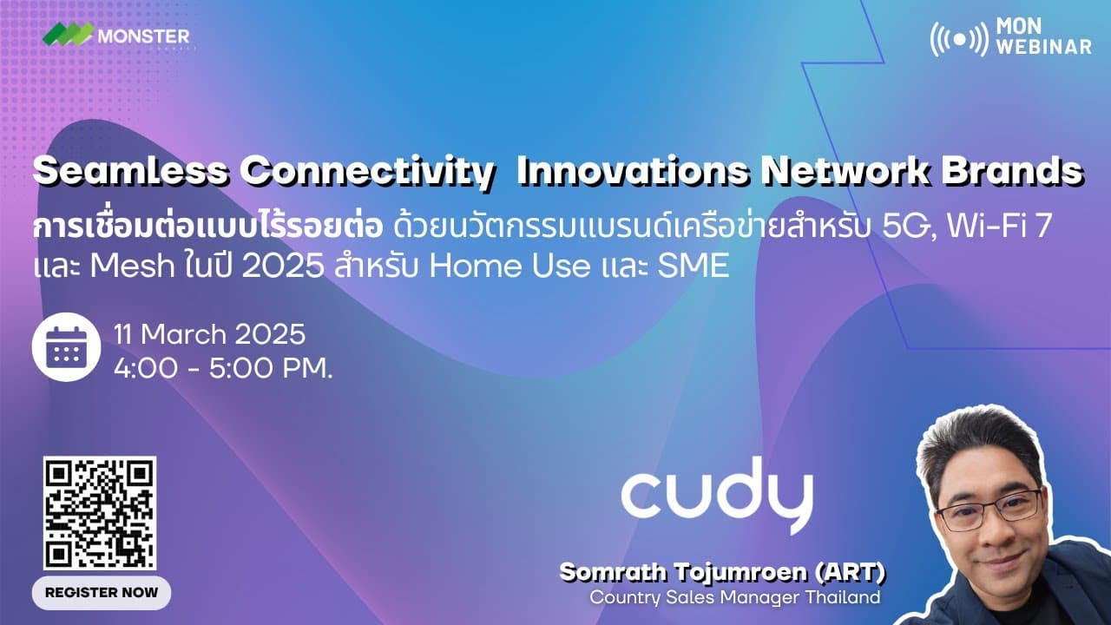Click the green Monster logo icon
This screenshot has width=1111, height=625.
[69, 35]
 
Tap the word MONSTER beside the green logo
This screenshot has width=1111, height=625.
[143, 36]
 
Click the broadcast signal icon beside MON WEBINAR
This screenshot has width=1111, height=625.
[959, 37]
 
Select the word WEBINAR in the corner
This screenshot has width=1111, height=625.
[1044, 47]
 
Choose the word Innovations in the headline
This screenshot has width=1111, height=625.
[632, 172]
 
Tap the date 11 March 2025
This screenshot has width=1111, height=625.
[209, 335]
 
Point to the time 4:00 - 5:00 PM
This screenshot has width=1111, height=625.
[223, 367]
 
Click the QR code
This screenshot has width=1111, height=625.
[100, 513]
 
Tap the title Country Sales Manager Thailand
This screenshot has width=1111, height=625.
[734, 598]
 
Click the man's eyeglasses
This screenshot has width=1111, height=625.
[990, 510]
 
